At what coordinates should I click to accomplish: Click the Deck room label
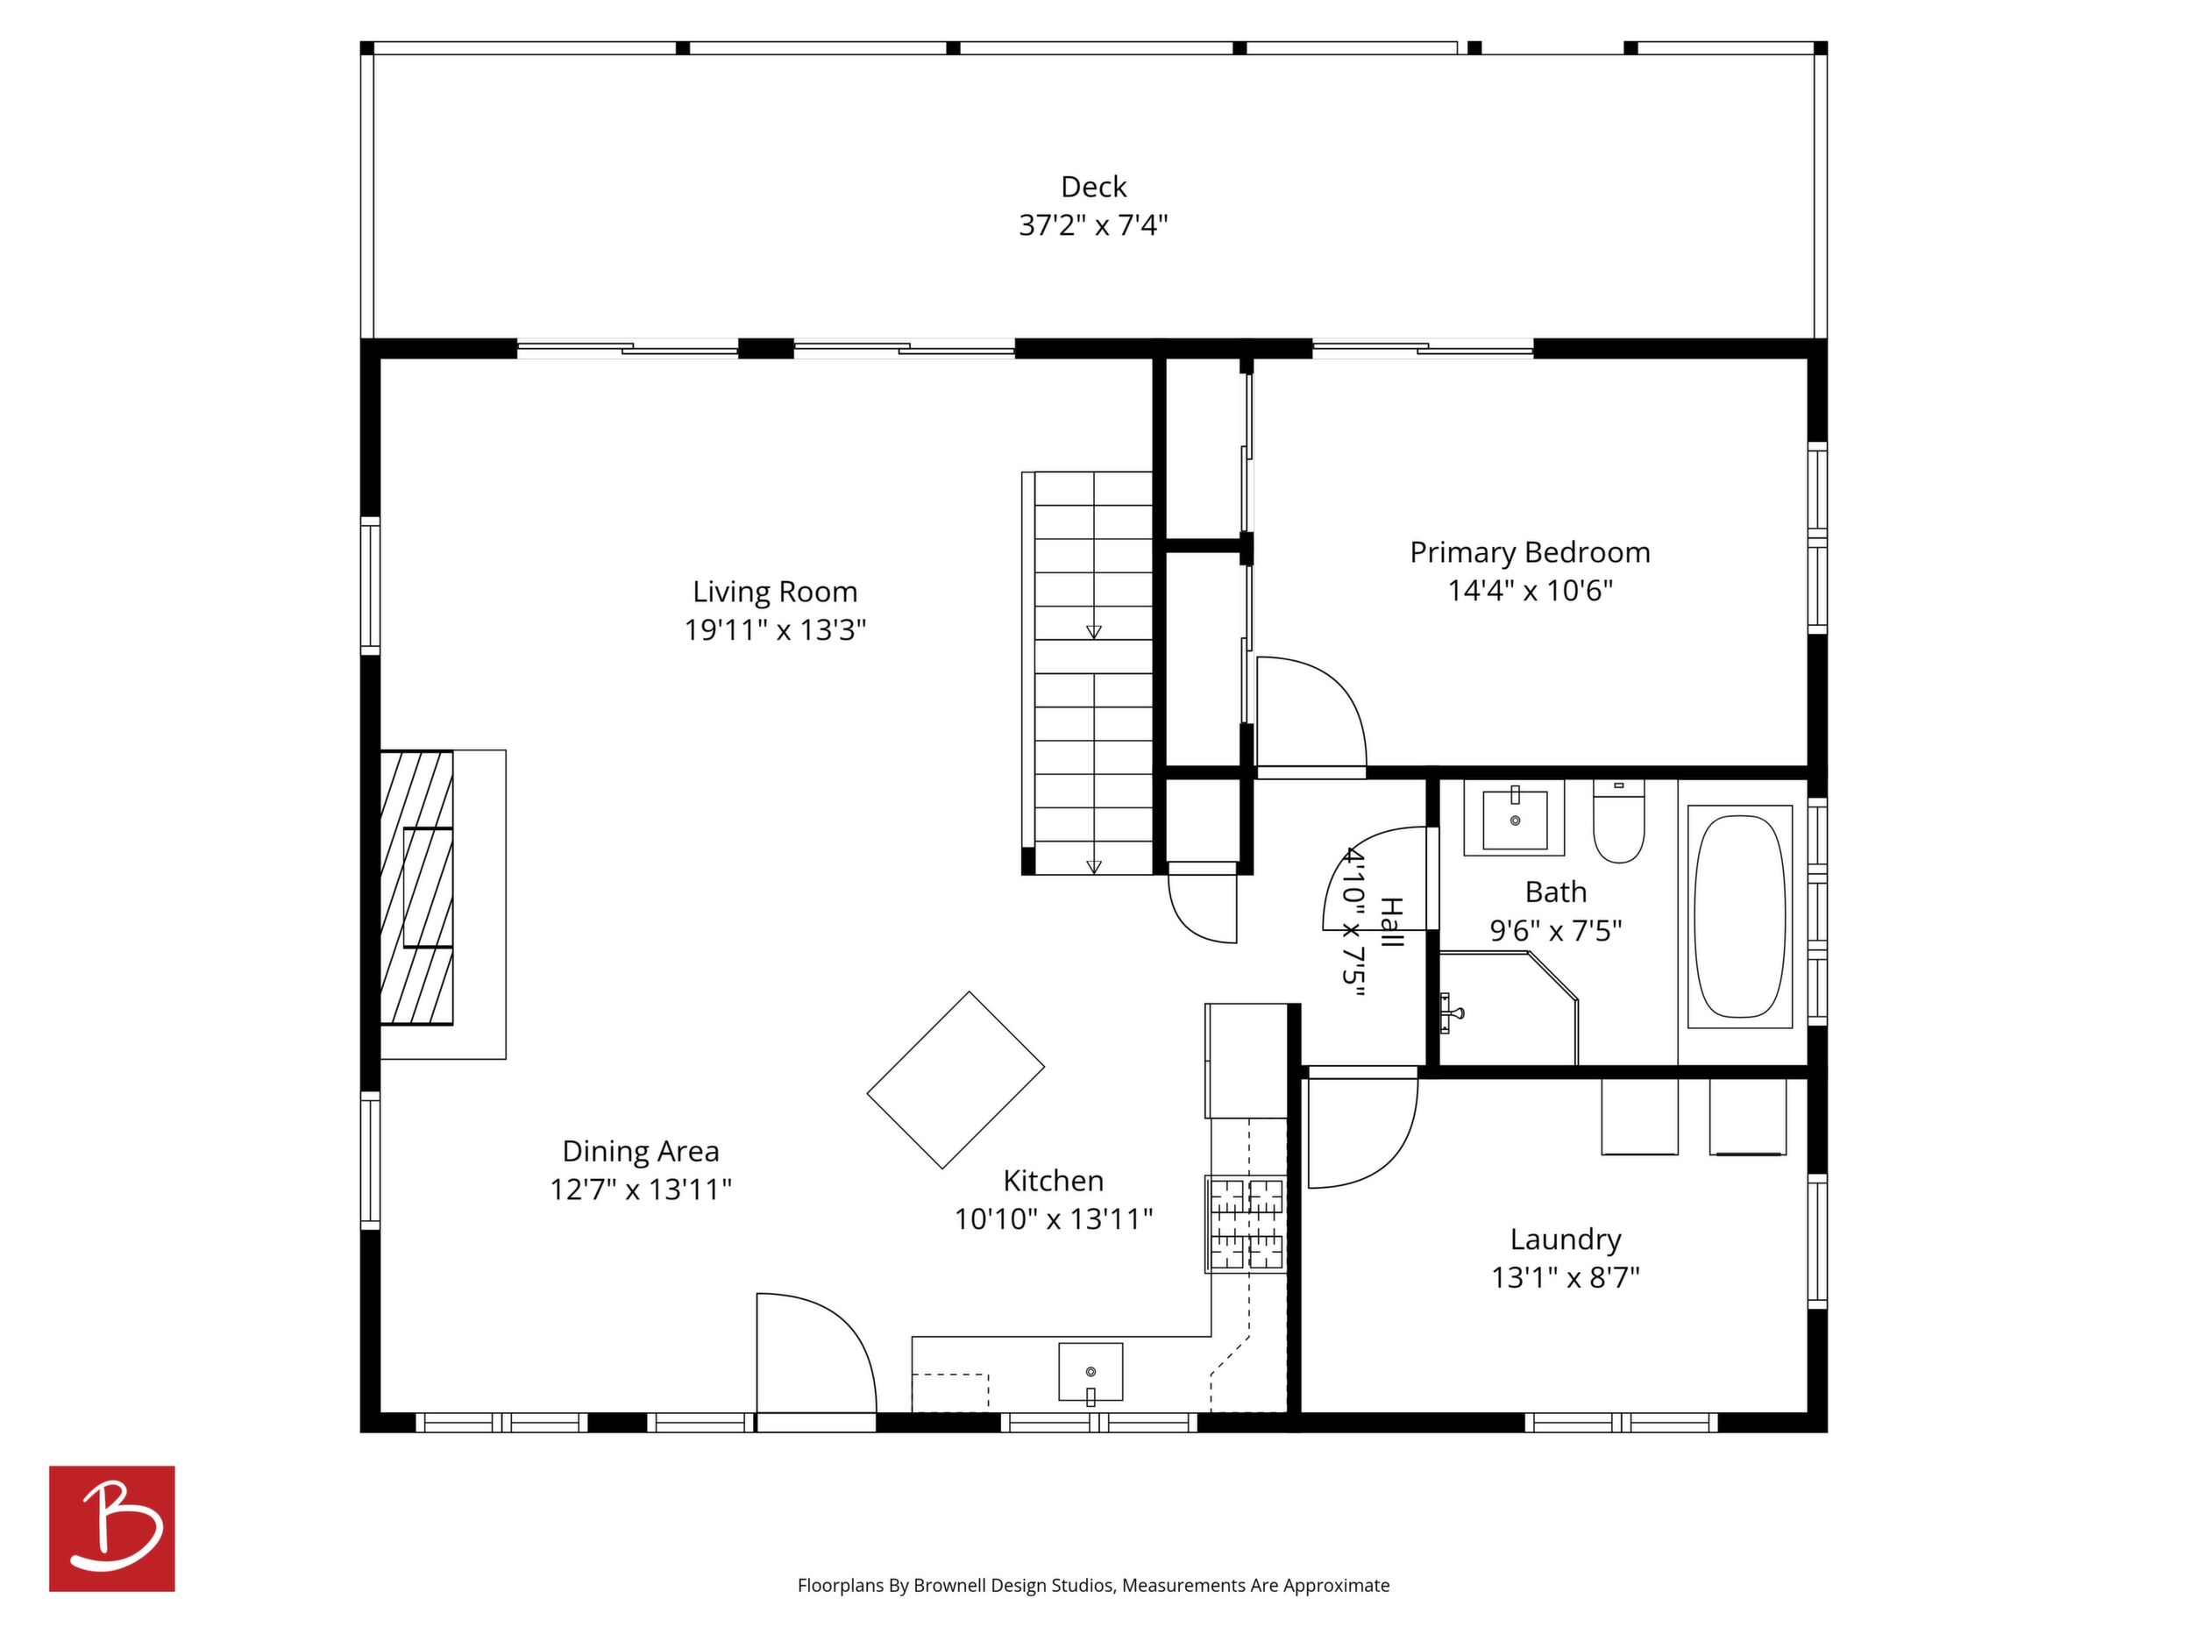[x=1093, y=187]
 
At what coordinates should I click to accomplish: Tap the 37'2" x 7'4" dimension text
[x=1093, y=225]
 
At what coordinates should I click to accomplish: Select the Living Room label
[x=775, y=592]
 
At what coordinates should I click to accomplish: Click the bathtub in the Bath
[x=1739, y=916]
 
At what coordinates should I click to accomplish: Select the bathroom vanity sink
[x=1515, y=818]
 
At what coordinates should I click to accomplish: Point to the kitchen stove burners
[x=1246, y=1224]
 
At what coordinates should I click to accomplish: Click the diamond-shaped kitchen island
[x=955, y=1080]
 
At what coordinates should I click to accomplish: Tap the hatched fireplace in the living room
[x=416, y=887]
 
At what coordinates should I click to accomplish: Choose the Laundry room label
[x=1565, y=1240]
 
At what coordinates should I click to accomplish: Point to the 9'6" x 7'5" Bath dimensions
[x=1556, y=931]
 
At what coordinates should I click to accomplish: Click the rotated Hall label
[x=1391, y=922]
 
